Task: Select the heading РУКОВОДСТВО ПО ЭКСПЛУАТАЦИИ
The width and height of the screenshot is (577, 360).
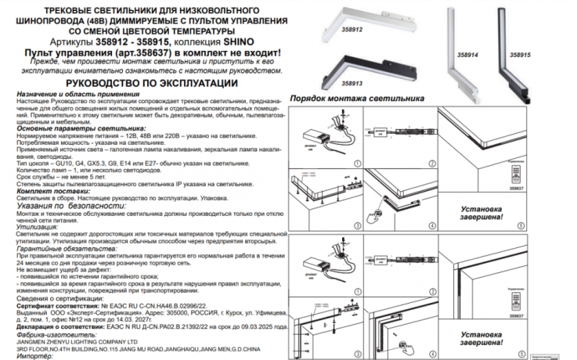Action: [x=151, y=82]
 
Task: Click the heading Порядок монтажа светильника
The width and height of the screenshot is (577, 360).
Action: [x=356, y=99]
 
